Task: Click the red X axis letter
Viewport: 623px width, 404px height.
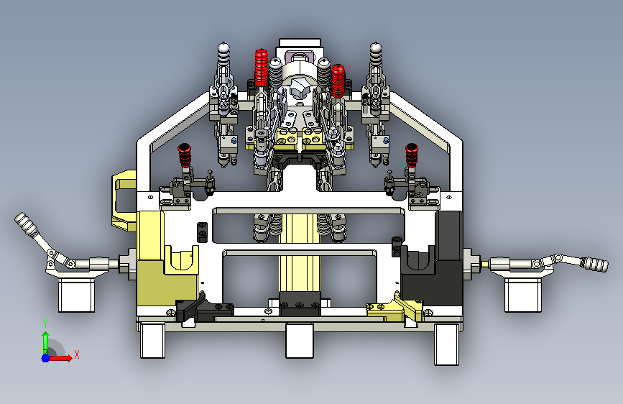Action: tap(77, 354)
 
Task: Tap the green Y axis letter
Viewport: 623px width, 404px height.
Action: tap(45, 323)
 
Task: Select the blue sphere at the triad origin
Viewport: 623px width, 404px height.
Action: tap(46, 358)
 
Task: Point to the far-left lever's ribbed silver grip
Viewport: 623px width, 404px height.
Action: tap(24, 222)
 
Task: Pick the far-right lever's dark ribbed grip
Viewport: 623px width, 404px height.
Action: tap(594, 264)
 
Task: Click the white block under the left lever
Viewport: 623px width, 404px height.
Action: tap(77, 295)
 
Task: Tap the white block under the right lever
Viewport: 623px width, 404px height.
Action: tap(523, 295)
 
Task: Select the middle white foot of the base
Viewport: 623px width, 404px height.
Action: tap(300, 341)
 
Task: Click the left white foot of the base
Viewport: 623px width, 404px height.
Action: tap(152, 341)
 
